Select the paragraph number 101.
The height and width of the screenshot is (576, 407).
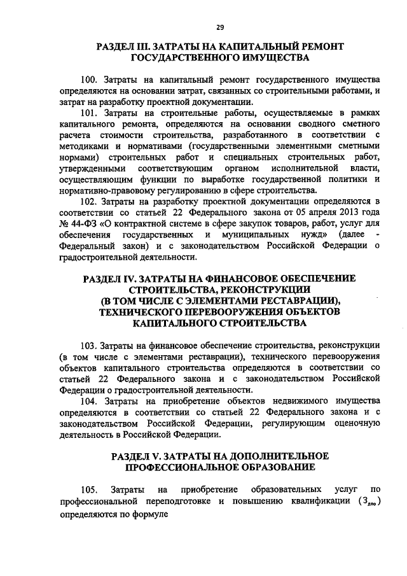point(89,113)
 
